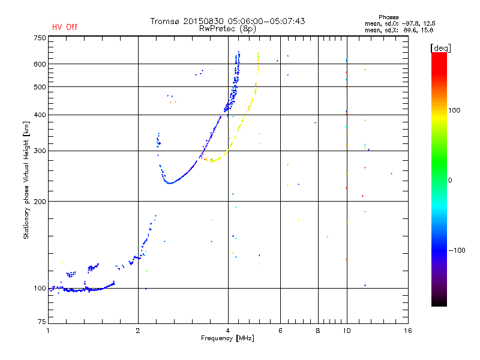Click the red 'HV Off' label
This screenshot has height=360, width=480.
(65, 27)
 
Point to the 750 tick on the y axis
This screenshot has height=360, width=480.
(40, 38)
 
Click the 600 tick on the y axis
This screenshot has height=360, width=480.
(40, 64)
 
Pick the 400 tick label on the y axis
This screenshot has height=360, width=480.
(40, 115)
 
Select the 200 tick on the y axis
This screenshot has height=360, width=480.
(40, 202)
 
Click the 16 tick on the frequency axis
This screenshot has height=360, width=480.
(407, 331)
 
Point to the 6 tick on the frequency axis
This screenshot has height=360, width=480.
(280, 331)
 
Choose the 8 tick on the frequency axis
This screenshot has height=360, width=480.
(317, 331)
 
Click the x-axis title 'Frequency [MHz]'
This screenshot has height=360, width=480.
(228, 339)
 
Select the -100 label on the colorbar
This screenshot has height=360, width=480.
(458, 250)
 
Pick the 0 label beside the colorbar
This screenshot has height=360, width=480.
(451, 180)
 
